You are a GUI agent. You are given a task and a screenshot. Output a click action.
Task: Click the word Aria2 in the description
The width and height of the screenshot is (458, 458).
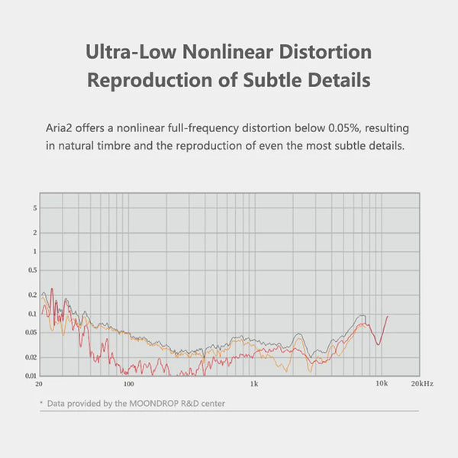click(62, 129)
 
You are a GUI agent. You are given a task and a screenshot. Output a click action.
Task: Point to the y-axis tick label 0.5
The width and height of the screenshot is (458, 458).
click(32, 270)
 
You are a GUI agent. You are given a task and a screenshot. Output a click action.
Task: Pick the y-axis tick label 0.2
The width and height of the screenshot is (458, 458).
click(32, 295)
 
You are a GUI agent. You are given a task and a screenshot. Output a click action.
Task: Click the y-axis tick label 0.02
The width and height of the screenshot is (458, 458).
click(31, 357)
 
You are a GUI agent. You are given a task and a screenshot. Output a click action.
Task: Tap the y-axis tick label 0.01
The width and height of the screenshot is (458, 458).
click(31, 376)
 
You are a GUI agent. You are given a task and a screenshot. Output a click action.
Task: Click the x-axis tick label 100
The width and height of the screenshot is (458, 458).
click(128, 384)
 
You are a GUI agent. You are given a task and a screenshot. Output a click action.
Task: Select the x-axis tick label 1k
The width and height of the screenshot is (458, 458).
click(254, 384)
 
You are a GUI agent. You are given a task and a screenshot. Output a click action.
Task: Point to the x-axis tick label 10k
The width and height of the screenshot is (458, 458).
click(380, 384)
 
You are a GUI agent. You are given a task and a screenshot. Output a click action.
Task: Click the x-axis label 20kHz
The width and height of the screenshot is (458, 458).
click(422, 384)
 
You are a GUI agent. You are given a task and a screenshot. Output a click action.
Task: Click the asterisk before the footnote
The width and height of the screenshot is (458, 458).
click(41, 402)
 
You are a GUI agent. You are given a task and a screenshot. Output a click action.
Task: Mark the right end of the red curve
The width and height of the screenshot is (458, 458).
click(388, 316)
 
